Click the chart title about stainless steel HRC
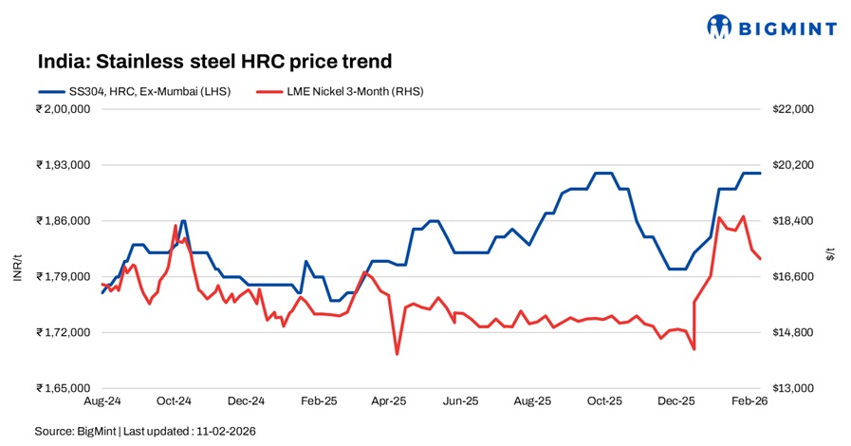[214, 62]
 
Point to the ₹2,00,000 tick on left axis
[63, 109]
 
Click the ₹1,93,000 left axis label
[63, 165]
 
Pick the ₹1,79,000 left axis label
[63, 277]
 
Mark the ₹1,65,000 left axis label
[63, 388]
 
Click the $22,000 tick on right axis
[793, 109]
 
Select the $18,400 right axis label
[793, 221]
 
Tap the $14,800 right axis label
[793, 333]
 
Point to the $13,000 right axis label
[793, 388]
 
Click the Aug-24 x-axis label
[102, 401]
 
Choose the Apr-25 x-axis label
[389, 401]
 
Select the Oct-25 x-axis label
[603, 401]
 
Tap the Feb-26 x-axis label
[747, 401]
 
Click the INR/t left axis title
[16, 249]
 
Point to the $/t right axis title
[830, 250]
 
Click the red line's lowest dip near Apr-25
[397, 354]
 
